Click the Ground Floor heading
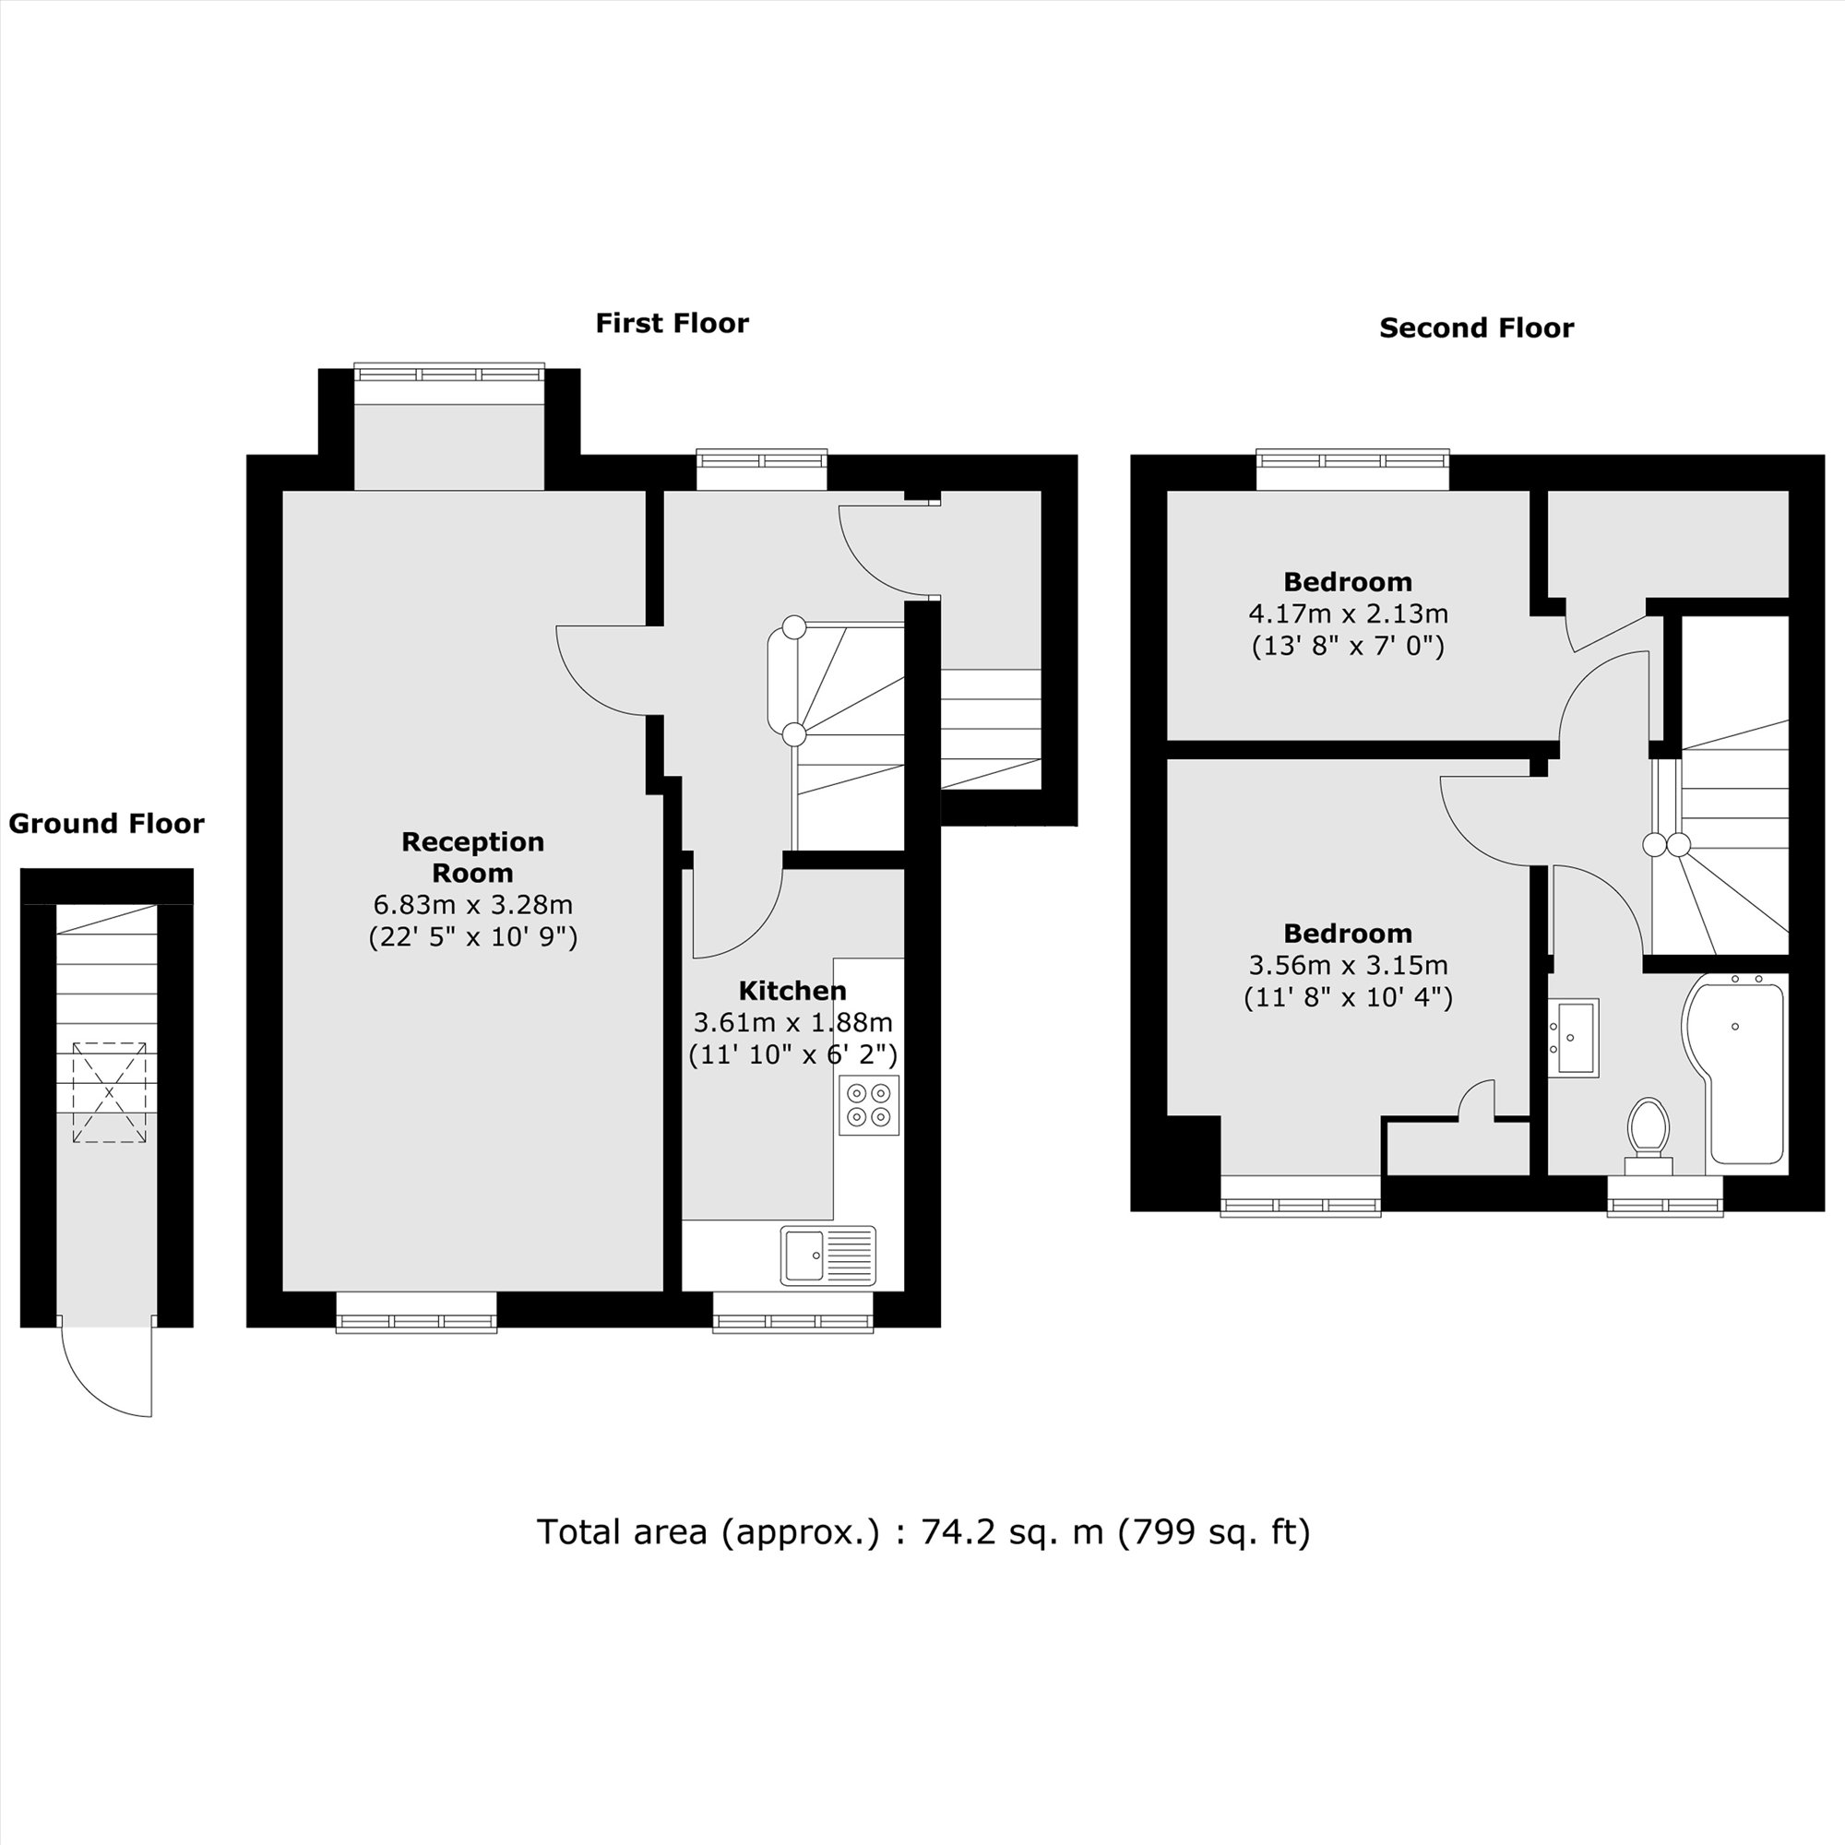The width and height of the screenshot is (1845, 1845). coord(106,824)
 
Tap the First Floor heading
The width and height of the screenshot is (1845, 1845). coord(672,324)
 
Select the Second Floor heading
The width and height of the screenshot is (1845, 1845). coord(1475,328)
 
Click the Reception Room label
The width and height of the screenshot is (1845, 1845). coord(472,857)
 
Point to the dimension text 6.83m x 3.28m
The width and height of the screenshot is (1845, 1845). coord(472,903)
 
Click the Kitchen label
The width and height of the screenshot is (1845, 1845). coord(792,990)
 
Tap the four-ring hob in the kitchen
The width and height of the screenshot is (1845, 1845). coord(869,1105)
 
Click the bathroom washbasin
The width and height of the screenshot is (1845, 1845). coord(1573,1038)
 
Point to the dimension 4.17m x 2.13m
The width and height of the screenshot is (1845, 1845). coord(1348,613)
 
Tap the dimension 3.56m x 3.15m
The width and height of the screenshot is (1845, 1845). coord(1348,965)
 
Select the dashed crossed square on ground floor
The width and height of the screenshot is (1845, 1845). coord(109,1092)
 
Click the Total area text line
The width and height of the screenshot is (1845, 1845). coord(922,1531)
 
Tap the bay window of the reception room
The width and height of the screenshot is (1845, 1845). coord(449,373)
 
